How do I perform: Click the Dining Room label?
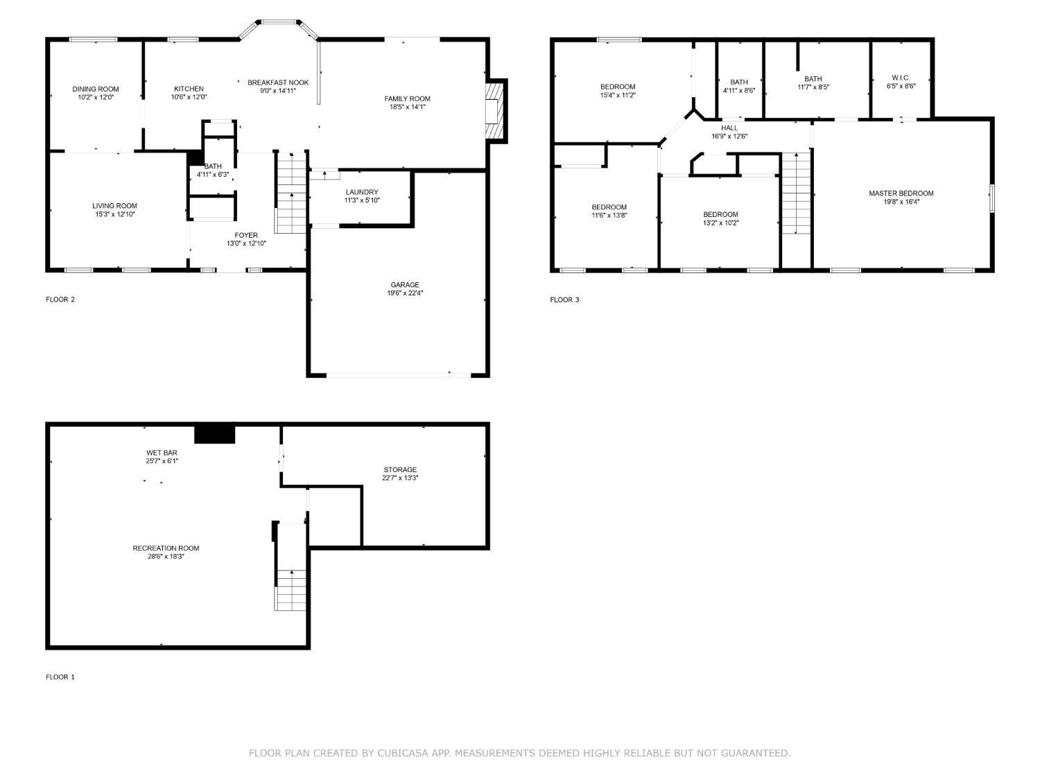(96, 89)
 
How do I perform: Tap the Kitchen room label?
(189, 89)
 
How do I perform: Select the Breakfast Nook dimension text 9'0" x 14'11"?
(277, 91)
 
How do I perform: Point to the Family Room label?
(407, 98)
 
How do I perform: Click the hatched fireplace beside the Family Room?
(493, 112)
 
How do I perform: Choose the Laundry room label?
(361, 192)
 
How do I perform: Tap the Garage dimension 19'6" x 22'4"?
(404, 293)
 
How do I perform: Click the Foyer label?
(245, 235)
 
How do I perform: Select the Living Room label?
(114, 206)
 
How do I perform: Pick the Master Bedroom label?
(901, 193)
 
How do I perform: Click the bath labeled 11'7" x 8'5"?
(813, 83)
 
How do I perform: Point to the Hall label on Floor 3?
(729, 128)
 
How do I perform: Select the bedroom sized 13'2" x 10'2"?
(720, 218)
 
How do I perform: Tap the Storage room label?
(400, 469)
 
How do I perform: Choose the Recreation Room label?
(166, 548)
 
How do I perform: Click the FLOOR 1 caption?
(60, 677)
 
